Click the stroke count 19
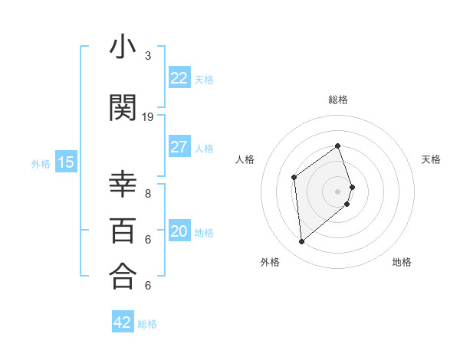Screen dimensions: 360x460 148,117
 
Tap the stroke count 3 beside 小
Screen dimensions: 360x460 148,56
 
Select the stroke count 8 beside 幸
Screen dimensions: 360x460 148,194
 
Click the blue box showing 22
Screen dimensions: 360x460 179,78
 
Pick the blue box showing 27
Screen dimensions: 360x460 179,147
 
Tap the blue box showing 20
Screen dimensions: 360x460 179,231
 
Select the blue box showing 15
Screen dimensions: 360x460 66,162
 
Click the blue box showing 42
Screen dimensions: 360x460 122,322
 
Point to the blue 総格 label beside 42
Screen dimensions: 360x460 147,324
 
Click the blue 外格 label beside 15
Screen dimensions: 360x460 41,163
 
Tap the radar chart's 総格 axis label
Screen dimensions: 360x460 338,100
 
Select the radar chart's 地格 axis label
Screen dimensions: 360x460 402,262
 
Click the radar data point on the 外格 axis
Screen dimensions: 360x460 302,242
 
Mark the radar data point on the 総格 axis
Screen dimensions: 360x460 338,146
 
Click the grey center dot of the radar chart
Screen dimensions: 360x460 338,191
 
